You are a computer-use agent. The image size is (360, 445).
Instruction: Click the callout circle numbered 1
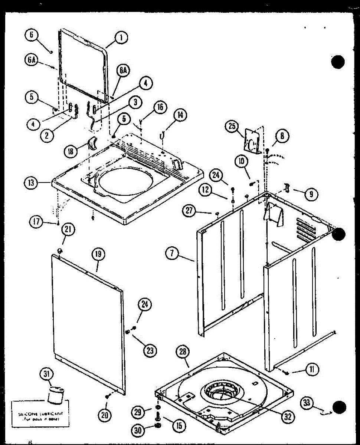pyautogui.click(x=121, y=37)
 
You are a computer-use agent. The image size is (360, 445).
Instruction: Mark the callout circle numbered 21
pyautogui.click(x=68, y=230)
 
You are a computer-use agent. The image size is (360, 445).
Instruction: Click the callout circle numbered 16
pyautogui.click(x=160, y=108)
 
